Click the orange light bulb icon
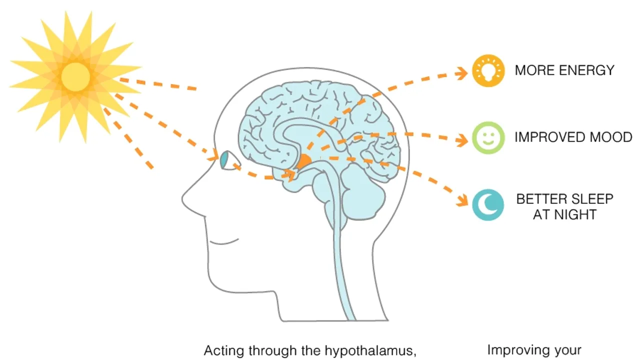(x=488, y=70)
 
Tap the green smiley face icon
(x=488, y=137)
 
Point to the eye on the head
(x=227, y=160)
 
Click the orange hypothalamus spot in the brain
(x=303, y=161)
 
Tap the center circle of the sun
(x=75, y=77)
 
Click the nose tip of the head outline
(x=184, y=200)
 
